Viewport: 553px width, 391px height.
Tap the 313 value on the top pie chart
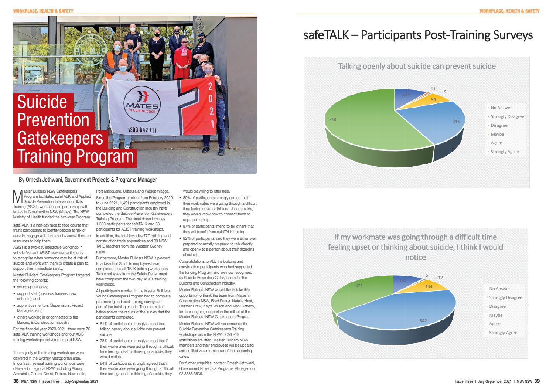pyautogui.click(x=455, y=122)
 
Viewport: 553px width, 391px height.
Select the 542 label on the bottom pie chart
pyautogui.click(x=423, y=321)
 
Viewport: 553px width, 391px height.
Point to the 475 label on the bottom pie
pyautogui.click(x=359, y=286)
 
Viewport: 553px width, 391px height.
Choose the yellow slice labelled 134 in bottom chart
pyautogui.click(x=429, y=286)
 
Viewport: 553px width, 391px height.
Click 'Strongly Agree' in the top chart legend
pyautogui.click(x=504, y=152)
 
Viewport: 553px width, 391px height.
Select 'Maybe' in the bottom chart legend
pyautogui.click(x=495, y=315)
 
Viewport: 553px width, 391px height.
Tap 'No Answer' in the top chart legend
pyautogui.click(x=501, y=108)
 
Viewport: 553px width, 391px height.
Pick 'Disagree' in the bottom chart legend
pyautogui.click(x=497, y=306)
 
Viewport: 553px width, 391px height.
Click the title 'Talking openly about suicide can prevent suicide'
pyautogui.click(x=417, y=66)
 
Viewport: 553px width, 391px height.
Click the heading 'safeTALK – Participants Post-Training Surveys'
pyautogui.click(x=417, y=35)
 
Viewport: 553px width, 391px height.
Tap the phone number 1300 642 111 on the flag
pyautogui.click(x=142, y=130)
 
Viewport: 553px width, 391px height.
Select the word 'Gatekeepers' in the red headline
pyautogui.click(x=60, y=138)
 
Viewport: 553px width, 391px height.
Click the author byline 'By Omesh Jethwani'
pyautogui.click(x=88, y=180)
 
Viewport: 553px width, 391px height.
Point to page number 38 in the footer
pyautogui.click(x=16, y=381)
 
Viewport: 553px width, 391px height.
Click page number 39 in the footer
pyautogui.click(x=537, y=381)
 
